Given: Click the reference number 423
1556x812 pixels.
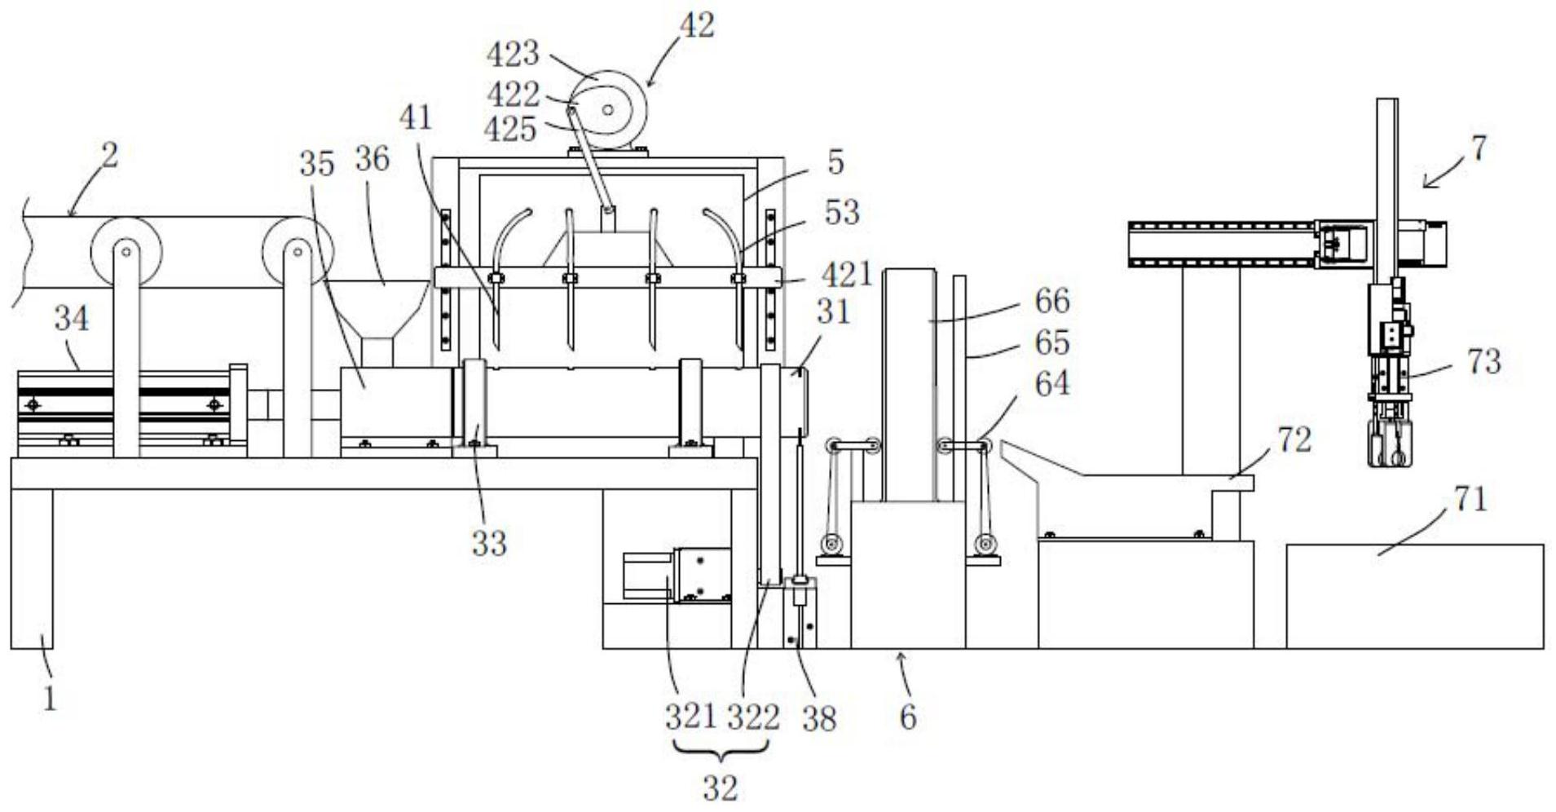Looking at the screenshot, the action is [513, 55].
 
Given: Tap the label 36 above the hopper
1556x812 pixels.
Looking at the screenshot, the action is [372, 159].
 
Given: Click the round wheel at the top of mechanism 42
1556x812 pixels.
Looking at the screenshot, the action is [607, 110].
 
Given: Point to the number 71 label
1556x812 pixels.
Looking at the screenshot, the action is [1470, 499].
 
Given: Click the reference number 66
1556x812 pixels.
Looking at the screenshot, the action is [1051, 301].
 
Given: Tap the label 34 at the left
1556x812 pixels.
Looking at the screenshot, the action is [72, 319].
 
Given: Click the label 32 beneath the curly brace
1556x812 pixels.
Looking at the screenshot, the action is [720, 788].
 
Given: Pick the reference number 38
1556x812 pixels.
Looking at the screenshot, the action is [818, 718].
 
